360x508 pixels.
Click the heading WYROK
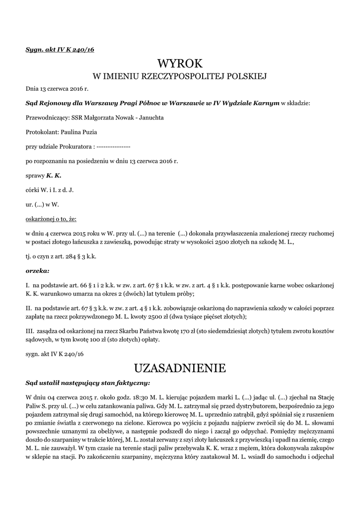click(180, 63)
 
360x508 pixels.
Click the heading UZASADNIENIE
click(180, 368)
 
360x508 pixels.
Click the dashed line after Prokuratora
click(113, 147)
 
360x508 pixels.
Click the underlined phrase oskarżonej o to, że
click(51, 218)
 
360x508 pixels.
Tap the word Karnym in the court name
click(265, 103)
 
